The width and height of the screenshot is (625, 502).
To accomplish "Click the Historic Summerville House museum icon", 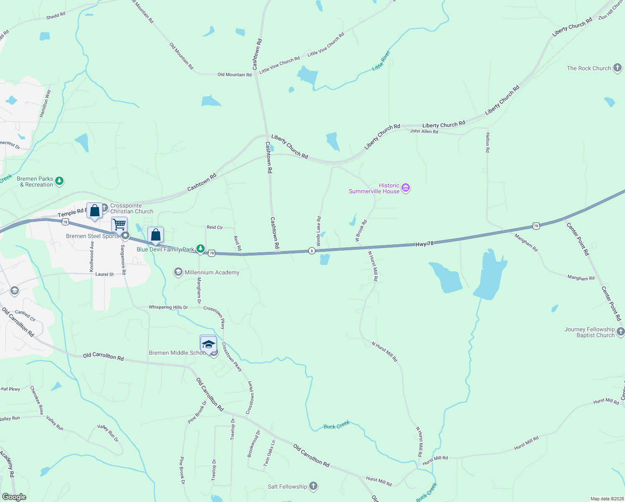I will click(405, 188).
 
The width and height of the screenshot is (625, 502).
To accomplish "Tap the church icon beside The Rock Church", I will click(617, 68).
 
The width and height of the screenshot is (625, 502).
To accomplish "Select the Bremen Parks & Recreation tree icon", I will click(60, 181).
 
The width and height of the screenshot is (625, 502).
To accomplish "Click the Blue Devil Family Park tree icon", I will click(201, 249).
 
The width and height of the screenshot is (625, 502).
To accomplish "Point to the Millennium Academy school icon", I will click(178, 272).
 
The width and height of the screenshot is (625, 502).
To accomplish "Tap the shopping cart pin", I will click(119, 225).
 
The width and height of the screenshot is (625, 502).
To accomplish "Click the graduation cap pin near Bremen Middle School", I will click(208, 344).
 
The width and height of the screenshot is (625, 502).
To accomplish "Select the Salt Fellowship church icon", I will click(313, 486).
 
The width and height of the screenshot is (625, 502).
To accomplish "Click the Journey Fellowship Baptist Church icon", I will click(620, 332).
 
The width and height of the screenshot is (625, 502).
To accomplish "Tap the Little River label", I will click(381, 61).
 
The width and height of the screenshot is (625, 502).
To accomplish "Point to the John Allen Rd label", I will click(424, 131).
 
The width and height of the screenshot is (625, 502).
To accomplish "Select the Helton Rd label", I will click(488, 142).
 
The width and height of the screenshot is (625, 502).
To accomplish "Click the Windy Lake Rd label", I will click(318, 231).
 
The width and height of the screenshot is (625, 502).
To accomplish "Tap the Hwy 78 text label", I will click(424, 243).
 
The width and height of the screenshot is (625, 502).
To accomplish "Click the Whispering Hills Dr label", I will click(168, 307).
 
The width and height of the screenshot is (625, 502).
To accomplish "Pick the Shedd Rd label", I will click(56, 15).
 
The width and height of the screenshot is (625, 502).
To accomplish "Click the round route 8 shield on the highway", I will click(312, 251).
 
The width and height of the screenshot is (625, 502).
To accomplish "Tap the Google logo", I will click(14, 497).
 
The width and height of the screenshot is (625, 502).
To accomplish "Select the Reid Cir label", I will click(215, 227).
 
